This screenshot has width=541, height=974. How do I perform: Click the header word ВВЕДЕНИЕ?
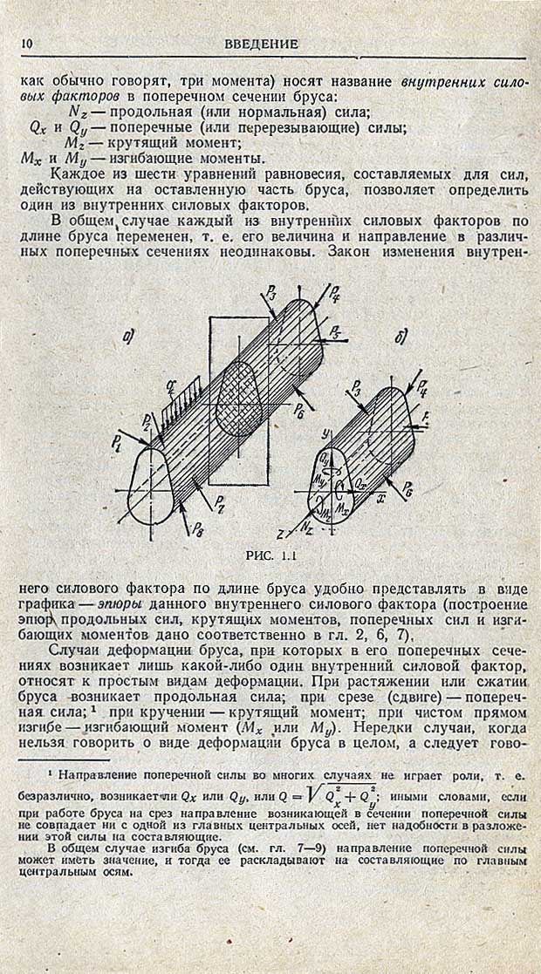pyautogui.click(x=261, y=44)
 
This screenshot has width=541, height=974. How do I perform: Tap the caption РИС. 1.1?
pyautogui.click(x=270, y=555)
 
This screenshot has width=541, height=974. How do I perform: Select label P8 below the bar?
pyautogui.click(x=198, y=529)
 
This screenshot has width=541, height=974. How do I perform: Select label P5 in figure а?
pyautogui.click(x=335, y=330)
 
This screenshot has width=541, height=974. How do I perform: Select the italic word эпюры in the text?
pyautogui.click(x=120, y=604)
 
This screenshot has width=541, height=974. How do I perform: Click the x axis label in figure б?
pyautogui.click(x=380, y=499)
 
